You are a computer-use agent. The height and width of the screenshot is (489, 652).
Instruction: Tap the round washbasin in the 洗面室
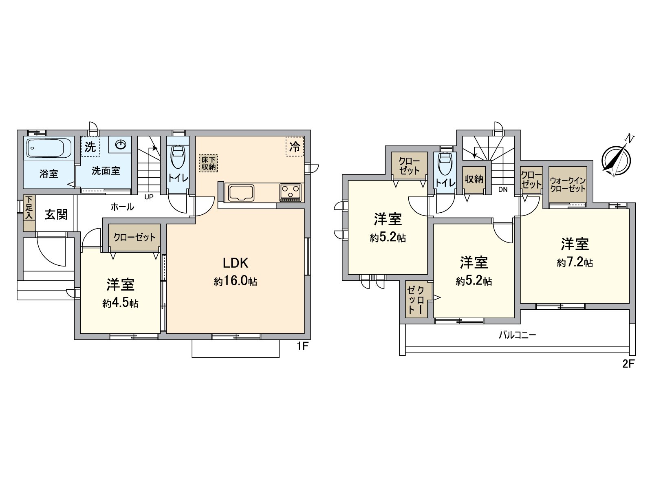(121, 145)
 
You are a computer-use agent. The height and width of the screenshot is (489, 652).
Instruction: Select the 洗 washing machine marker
(90, 147)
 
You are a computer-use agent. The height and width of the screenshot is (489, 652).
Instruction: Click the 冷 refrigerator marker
(294, 146)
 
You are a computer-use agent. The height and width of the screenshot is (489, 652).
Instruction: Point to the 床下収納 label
(209, 163)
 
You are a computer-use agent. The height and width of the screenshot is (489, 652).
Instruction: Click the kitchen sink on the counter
(242, 192)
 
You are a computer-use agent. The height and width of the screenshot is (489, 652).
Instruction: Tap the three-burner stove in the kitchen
(291, 192)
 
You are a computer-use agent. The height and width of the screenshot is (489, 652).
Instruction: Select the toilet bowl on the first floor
(178, 157)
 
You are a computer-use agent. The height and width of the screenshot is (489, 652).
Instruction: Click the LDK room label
(236, 263)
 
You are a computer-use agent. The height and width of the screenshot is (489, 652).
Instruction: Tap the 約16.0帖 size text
(236, 282)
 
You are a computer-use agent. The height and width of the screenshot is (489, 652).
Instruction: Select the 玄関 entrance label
(56, 214)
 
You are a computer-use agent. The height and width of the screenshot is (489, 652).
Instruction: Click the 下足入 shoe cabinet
(29, 214)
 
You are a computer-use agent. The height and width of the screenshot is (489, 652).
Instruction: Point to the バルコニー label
(518, 335)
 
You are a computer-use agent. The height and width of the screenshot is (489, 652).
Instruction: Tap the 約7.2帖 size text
(575, 263)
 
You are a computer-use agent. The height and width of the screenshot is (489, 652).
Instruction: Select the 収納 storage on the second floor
(474, 179)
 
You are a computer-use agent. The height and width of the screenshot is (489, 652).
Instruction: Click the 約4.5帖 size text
(120, 304)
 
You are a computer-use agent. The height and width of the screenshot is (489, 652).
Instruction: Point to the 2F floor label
(629, 364)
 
